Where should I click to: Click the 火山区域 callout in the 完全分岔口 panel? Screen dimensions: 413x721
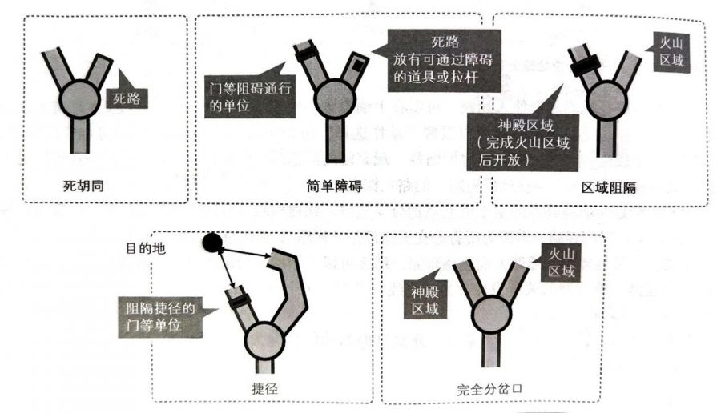pos(560,263)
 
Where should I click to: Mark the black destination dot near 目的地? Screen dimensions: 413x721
pos(212,240)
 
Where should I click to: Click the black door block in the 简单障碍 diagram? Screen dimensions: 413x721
pos(308,55)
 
